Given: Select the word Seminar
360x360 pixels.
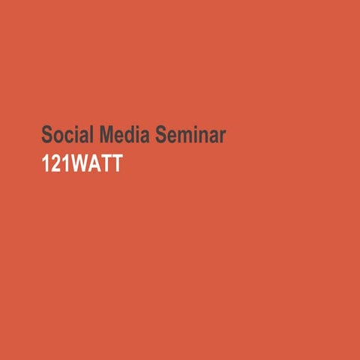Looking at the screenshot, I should click(192, 135).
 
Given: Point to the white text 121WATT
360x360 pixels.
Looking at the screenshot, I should click(82, 163).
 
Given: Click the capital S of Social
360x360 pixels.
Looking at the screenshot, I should click(46, 135).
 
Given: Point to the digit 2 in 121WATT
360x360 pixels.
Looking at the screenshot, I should click(55, 163).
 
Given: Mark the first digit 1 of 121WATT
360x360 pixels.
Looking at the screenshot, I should click(45, 163).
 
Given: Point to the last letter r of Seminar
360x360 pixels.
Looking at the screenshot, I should click(223, 136).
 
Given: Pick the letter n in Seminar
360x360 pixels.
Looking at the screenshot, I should click(202, 136).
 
